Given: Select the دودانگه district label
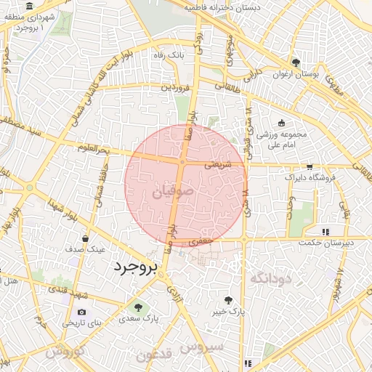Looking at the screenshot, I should [270, 278].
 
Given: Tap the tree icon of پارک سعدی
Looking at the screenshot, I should [138, 308].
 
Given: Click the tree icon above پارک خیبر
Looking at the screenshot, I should [228, 300].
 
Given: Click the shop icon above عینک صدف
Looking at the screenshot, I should [86, 238].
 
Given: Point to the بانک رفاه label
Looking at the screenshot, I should [166, 55].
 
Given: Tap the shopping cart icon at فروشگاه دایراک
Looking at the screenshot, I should [310, 166].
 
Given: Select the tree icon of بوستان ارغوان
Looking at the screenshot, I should [296, 62].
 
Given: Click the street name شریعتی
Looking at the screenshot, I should [217, 165].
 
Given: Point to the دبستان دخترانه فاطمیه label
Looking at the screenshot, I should [211, 7].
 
